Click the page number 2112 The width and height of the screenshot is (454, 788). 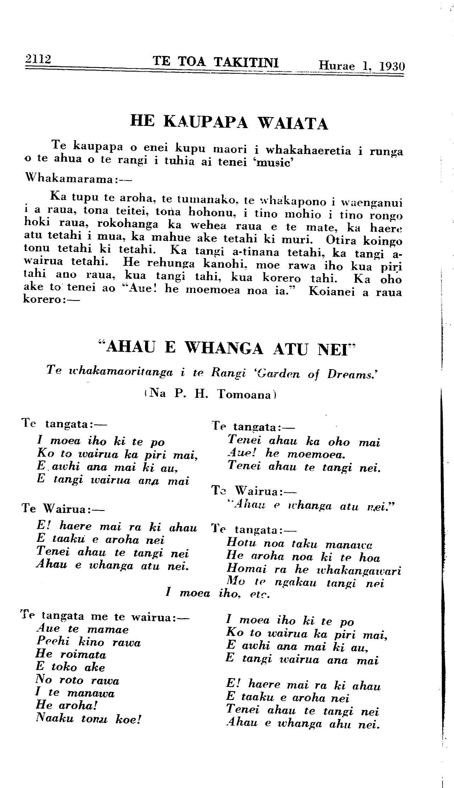(x=37, y=59)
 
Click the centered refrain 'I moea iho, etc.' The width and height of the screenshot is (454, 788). (x=217, y=593)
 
